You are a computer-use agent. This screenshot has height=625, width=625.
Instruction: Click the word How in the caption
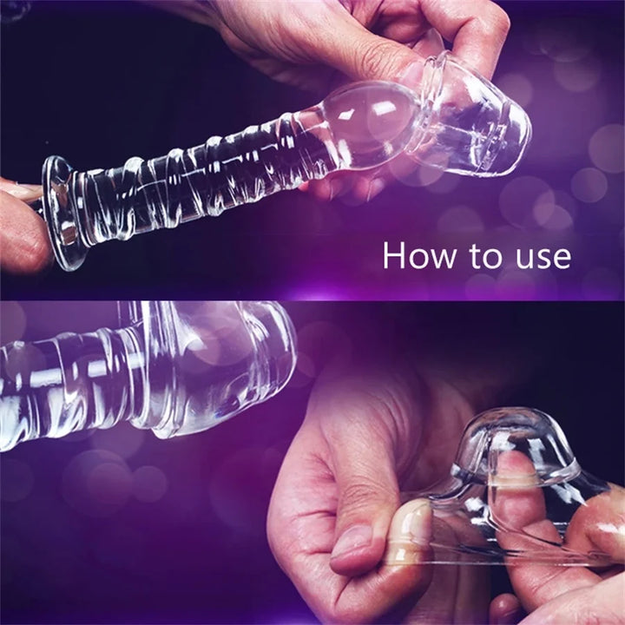pyautogui.click(x=419, y=255)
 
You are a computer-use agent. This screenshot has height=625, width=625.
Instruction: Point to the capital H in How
pyautogui.click(x=393, y=255)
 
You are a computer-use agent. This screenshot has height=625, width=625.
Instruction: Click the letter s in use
pyautogui.click(x=543, y=259)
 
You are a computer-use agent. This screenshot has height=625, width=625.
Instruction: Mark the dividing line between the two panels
pyautogui.click(x=312, y=299)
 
